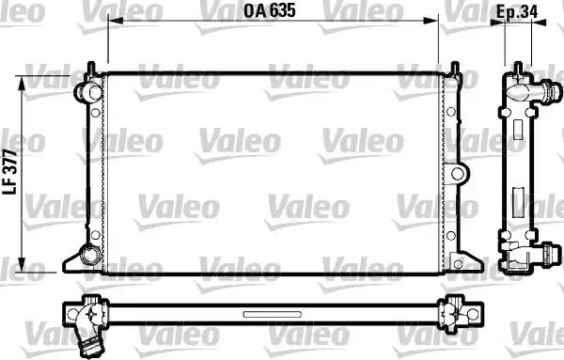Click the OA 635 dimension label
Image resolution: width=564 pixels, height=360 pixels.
pos(270,10)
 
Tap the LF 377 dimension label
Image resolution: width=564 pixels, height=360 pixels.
pos(10,172)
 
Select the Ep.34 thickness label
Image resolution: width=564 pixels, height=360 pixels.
pos(517,12)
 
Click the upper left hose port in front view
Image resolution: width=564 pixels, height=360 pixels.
pos(87,92)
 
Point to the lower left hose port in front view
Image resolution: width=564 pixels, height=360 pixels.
pos(89,254)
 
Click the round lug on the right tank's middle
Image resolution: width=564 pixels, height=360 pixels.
pos(457,174)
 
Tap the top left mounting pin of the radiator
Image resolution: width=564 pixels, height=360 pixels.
pos(91,69)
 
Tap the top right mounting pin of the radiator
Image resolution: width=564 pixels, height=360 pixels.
pos(455,69)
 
